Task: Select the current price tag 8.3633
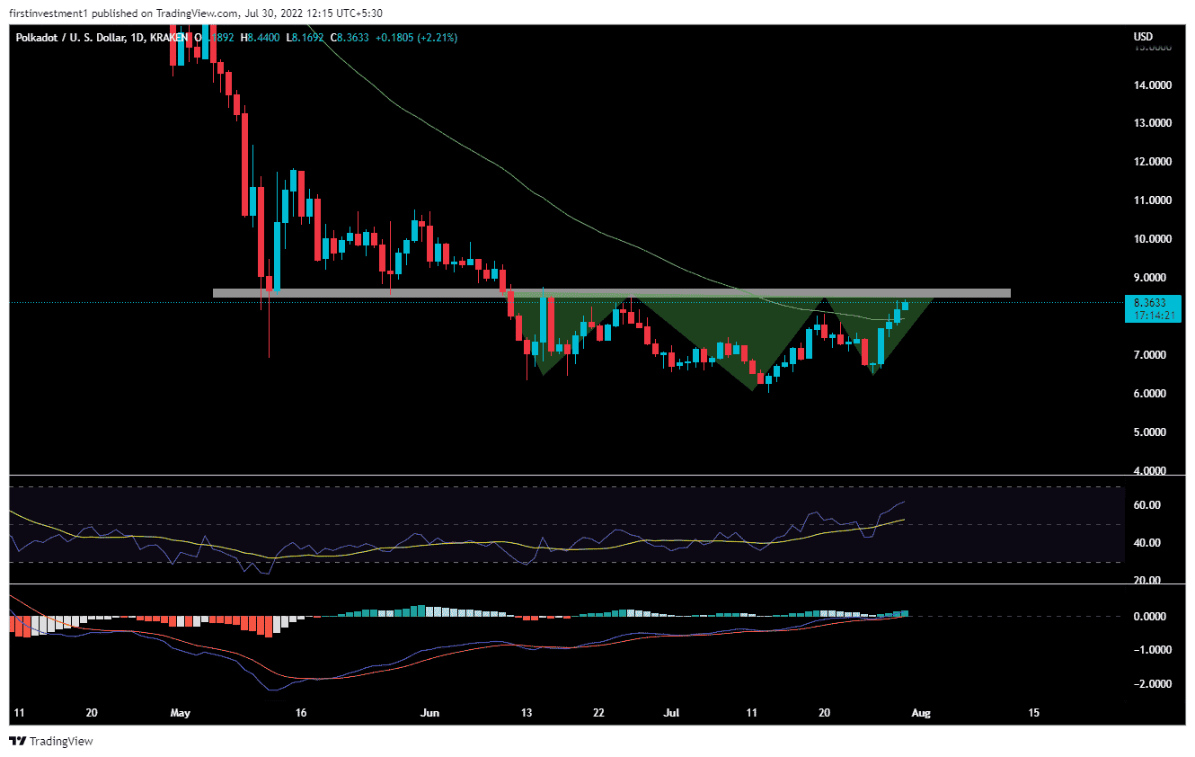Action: (x=1152, y=303)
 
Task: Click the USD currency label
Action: (x=1144, y=37)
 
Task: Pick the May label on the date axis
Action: (x=181, y=713)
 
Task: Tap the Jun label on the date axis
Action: (x=430, y=713)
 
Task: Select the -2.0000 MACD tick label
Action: (x=1151, y=684)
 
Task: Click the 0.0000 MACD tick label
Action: (x=1153, y=617)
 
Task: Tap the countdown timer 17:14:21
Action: (x=1152, y=316)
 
